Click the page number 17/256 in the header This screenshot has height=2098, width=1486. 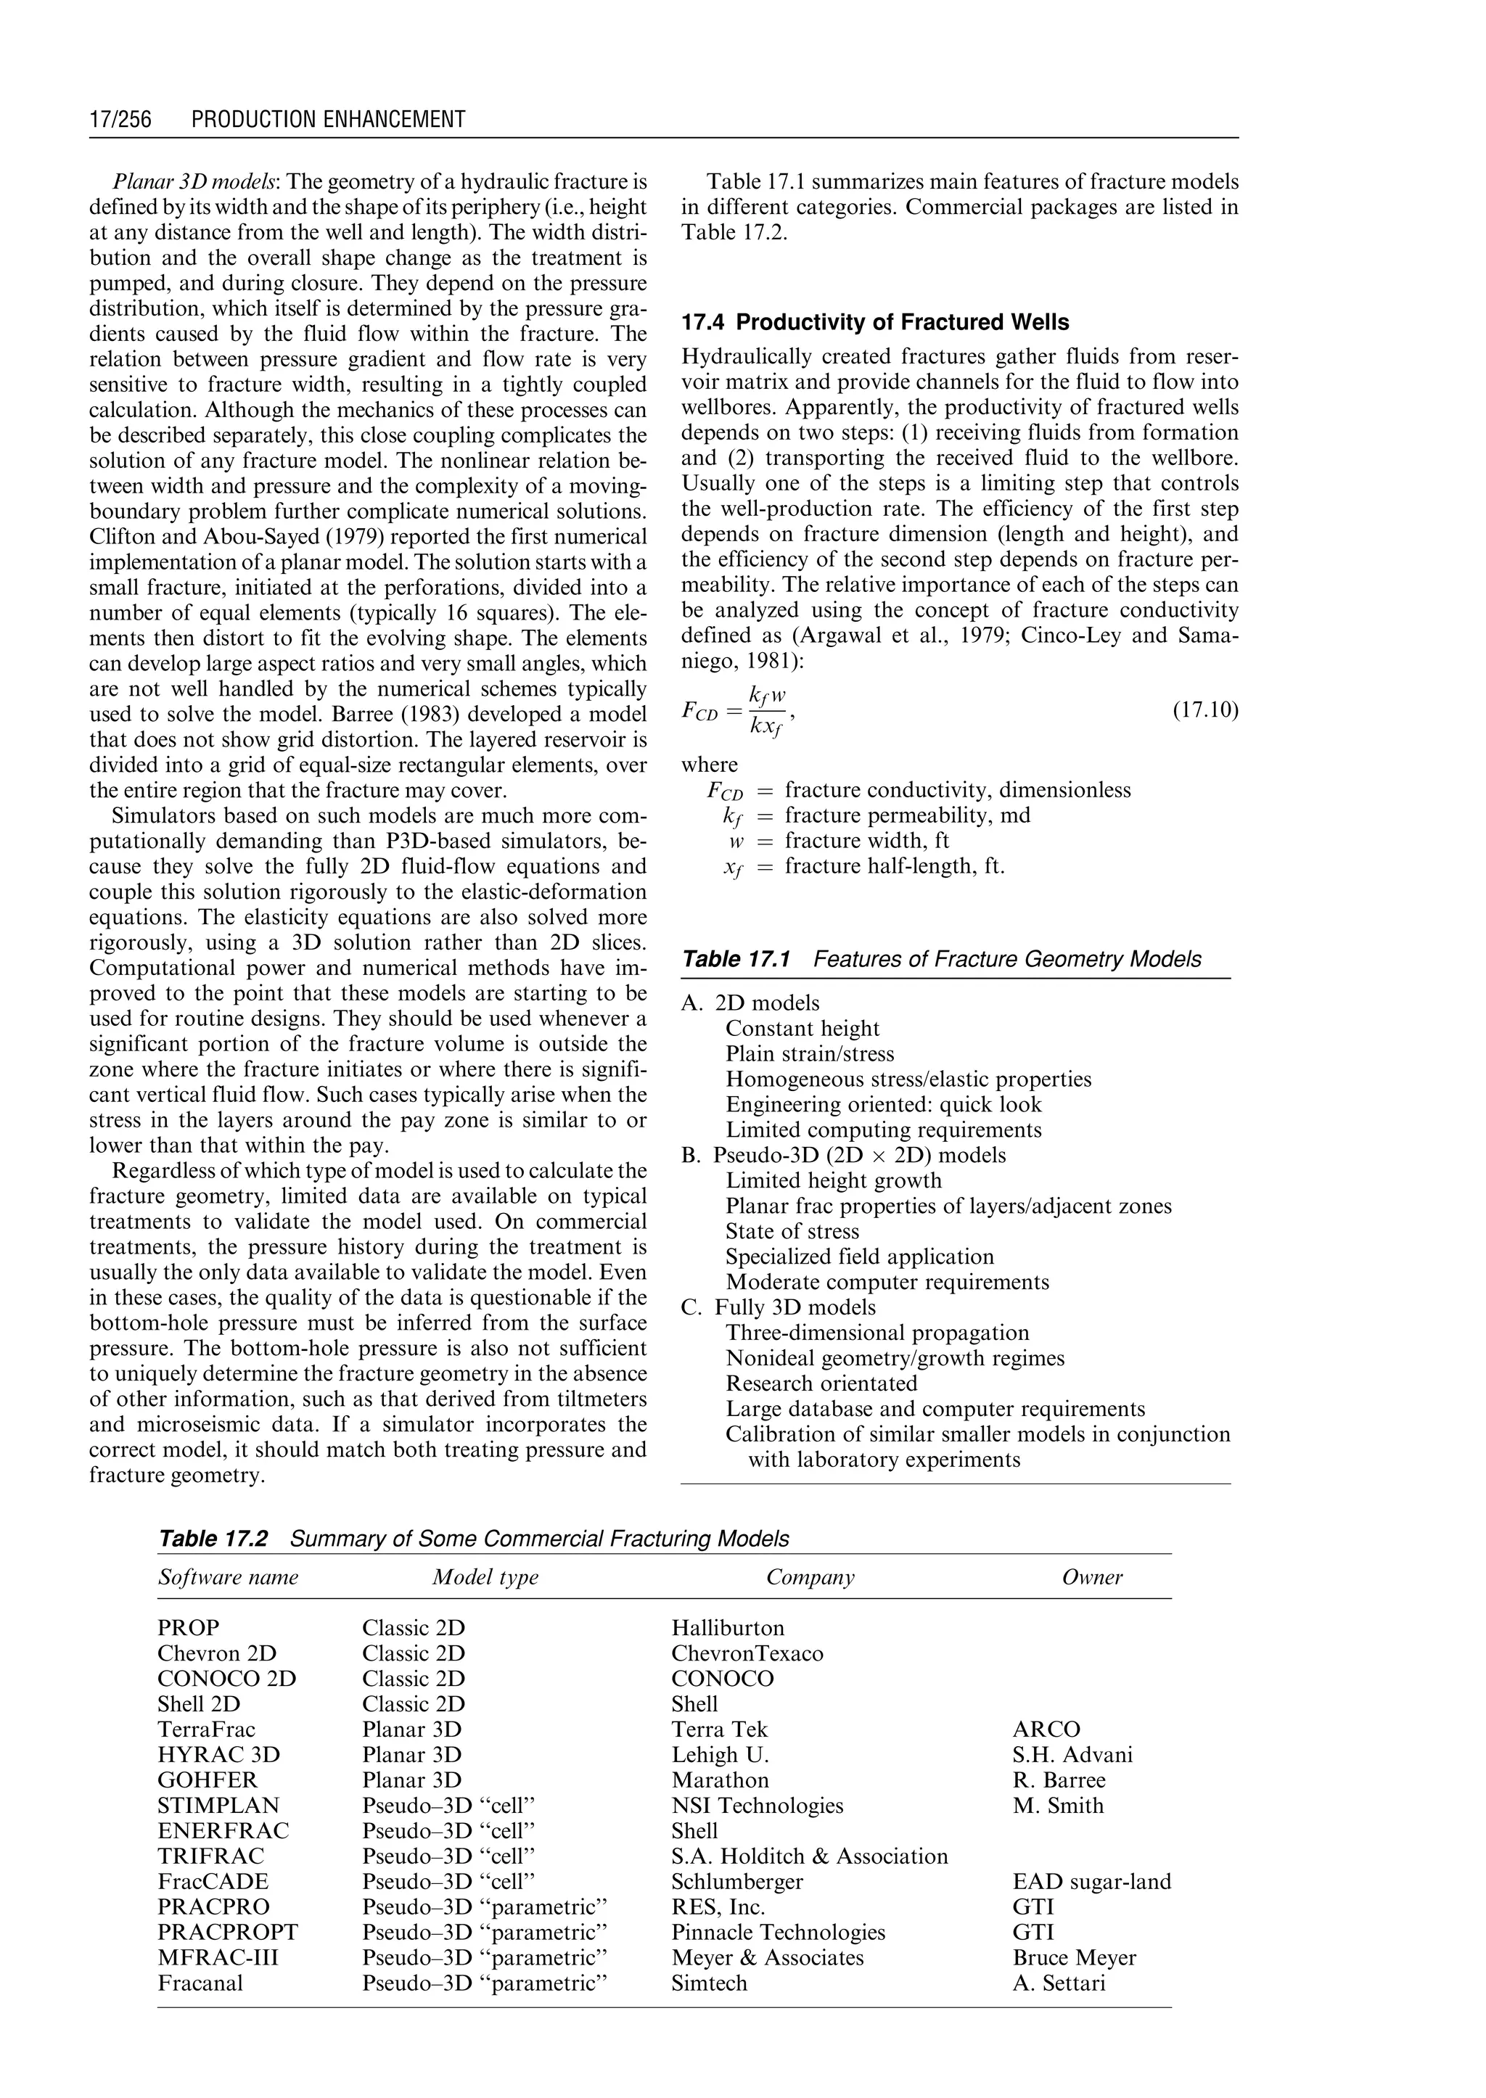[x=120, y=119]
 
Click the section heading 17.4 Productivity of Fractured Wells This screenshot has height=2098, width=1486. [x=875, y=322]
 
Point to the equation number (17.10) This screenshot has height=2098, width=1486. [x=1205, y=710]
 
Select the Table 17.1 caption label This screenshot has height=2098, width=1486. [x=735, y=959]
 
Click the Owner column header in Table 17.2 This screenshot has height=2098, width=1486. [x=1091, y=1576]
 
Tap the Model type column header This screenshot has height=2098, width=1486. [x=485, y=1576]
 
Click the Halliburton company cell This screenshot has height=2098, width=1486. [x=728, y=1628]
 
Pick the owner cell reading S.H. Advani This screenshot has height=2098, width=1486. [x=1072, y=1754]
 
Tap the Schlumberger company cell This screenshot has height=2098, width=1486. [x=736, y=1881]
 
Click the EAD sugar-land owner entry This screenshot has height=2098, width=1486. [x=1091, y=1881]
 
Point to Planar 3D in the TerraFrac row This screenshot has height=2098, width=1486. [x=411, y=1729]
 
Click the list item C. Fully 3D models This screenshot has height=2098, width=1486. [x=779, y=1307]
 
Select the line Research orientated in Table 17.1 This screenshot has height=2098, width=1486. [x=821, y=1383]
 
